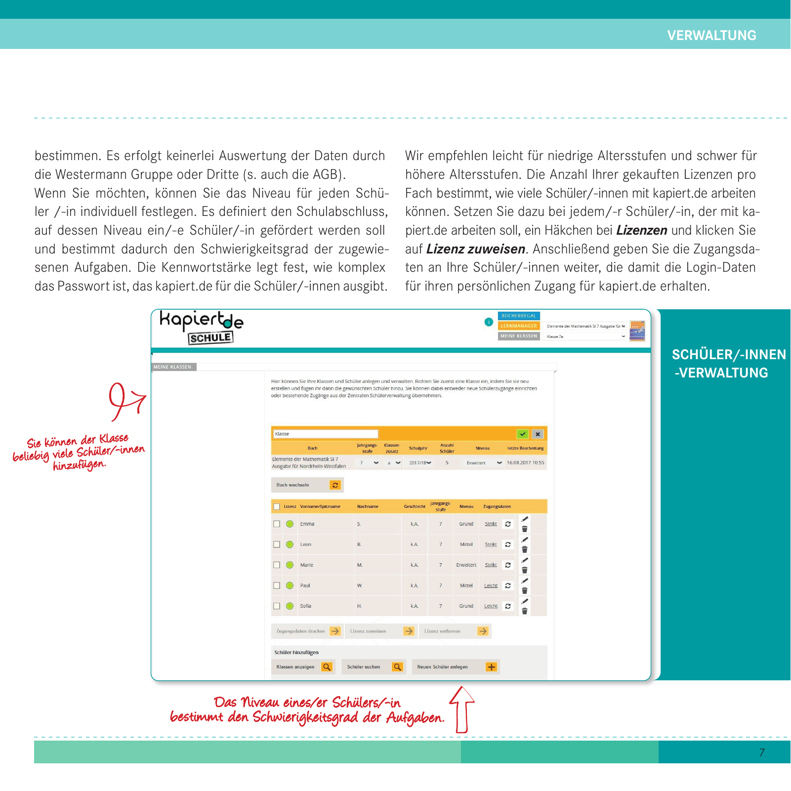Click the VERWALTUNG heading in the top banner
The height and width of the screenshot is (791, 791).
(x=711, y=36)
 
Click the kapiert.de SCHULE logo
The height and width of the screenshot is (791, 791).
(x=202, y=327)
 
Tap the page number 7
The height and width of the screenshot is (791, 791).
(x=762, y=752)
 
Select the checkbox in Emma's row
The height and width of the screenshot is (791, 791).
(x=277, y=524)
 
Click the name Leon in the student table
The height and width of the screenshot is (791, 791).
(x=306, y=544)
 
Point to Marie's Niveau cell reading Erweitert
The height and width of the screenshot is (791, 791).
(x=466, y=565)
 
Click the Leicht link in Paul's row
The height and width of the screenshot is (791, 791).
(x=491, y=585)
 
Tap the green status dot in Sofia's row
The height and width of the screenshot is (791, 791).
(x=290, y=606)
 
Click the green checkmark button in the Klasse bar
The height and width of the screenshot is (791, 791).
(x=522, y=434)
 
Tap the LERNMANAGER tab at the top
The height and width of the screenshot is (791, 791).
(x=518, y=326)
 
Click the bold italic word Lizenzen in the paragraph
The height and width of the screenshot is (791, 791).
(x=642, y=230)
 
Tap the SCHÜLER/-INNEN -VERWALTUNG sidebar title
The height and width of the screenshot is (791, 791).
(x=728, y=364)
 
